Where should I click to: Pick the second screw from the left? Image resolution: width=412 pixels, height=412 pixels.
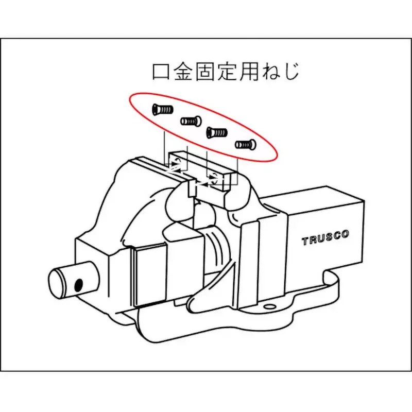point(190,122)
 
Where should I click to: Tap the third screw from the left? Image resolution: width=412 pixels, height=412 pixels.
point(216,133)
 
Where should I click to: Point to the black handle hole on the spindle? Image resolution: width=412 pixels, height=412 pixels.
point(79,284)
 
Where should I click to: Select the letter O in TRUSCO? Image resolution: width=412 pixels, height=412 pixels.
point(345,235)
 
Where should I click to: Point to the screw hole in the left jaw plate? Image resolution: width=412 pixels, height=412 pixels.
point(176,164)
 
